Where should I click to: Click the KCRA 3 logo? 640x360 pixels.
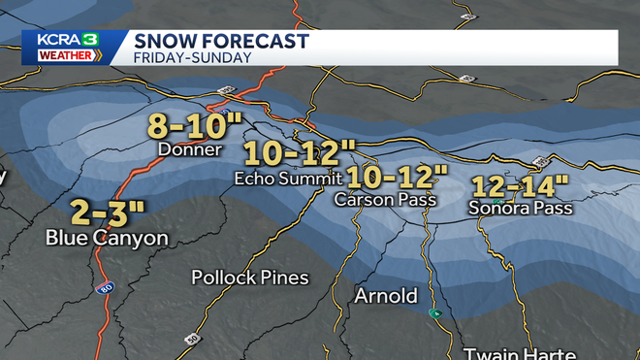tap(63, 39)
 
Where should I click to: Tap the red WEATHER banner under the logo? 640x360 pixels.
tap(63, 55)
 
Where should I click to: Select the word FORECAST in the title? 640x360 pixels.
tap(255, 40)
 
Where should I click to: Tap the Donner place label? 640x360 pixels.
tap(191, 149)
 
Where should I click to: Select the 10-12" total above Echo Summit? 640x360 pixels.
tap(299, 154)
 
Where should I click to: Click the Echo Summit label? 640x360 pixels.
tap(288, 178)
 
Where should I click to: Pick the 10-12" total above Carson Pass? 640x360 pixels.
tap(398, 178)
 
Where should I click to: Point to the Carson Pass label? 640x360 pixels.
tap(384, 199)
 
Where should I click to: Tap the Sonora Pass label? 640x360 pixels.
tap(520, 208)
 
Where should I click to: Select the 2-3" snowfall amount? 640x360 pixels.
tap(108, 212)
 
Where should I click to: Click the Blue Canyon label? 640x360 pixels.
tap(108, 238)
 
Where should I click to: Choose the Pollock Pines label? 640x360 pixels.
tap(250, 278)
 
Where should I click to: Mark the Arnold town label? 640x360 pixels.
tap(385, 295)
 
